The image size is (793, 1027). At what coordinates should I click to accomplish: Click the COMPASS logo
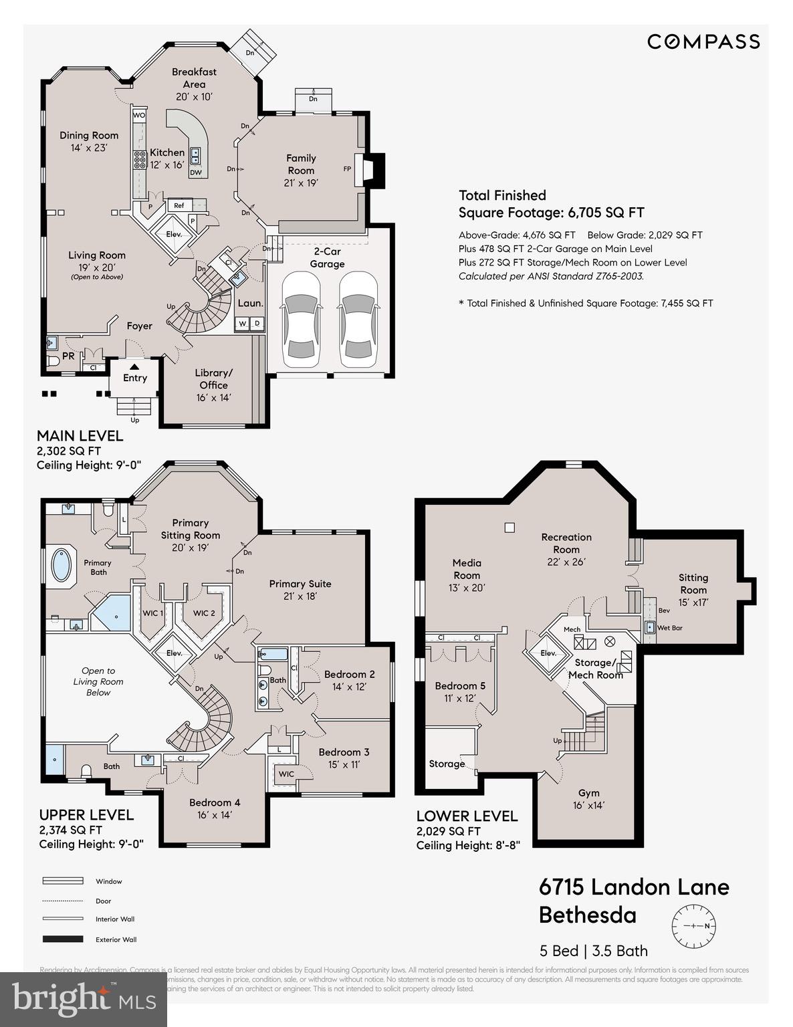click(703, 42)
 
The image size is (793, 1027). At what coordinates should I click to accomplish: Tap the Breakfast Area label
click(194, 78)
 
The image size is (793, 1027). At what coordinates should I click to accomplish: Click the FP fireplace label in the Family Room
click(347, 169)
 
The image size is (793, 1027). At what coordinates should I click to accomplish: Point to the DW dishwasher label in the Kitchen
click(195, 173)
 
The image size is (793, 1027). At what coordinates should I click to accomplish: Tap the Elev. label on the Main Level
click(174, 235)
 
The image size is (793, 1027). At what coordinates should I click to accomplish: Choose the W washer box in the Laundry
click(242, 324)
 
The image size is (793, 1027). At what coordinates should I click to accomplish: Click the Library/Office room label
click(213, 378)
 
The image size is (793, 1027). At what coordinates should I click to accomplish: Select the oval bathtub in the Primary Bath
click(62, 564)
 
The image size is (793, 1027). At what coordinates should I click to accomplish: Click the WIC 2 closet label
click(204, 613)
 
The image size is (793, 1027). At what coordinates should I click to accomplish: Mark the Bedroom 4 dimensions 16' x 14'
click(215, 815)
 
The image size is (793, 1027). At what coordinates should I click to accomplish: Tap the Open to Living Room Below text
click(98, 681)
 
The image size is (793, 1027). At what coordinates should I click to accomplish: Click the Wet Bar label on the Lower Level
click(669, 628)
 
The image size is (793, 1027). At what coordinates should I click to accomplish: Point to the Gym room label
click(588, 793)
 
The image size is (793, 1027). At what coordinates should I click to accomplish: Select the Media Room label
click(467, 569)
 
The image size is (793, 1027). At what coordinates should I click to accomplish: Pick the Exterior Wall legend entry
click(116, 939)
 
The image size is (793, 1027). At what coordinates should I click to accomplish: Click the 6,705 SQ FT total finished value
click(606, 213)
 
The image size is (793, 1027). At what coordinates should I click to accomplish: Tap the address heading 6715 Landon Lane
click(634, 887)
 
